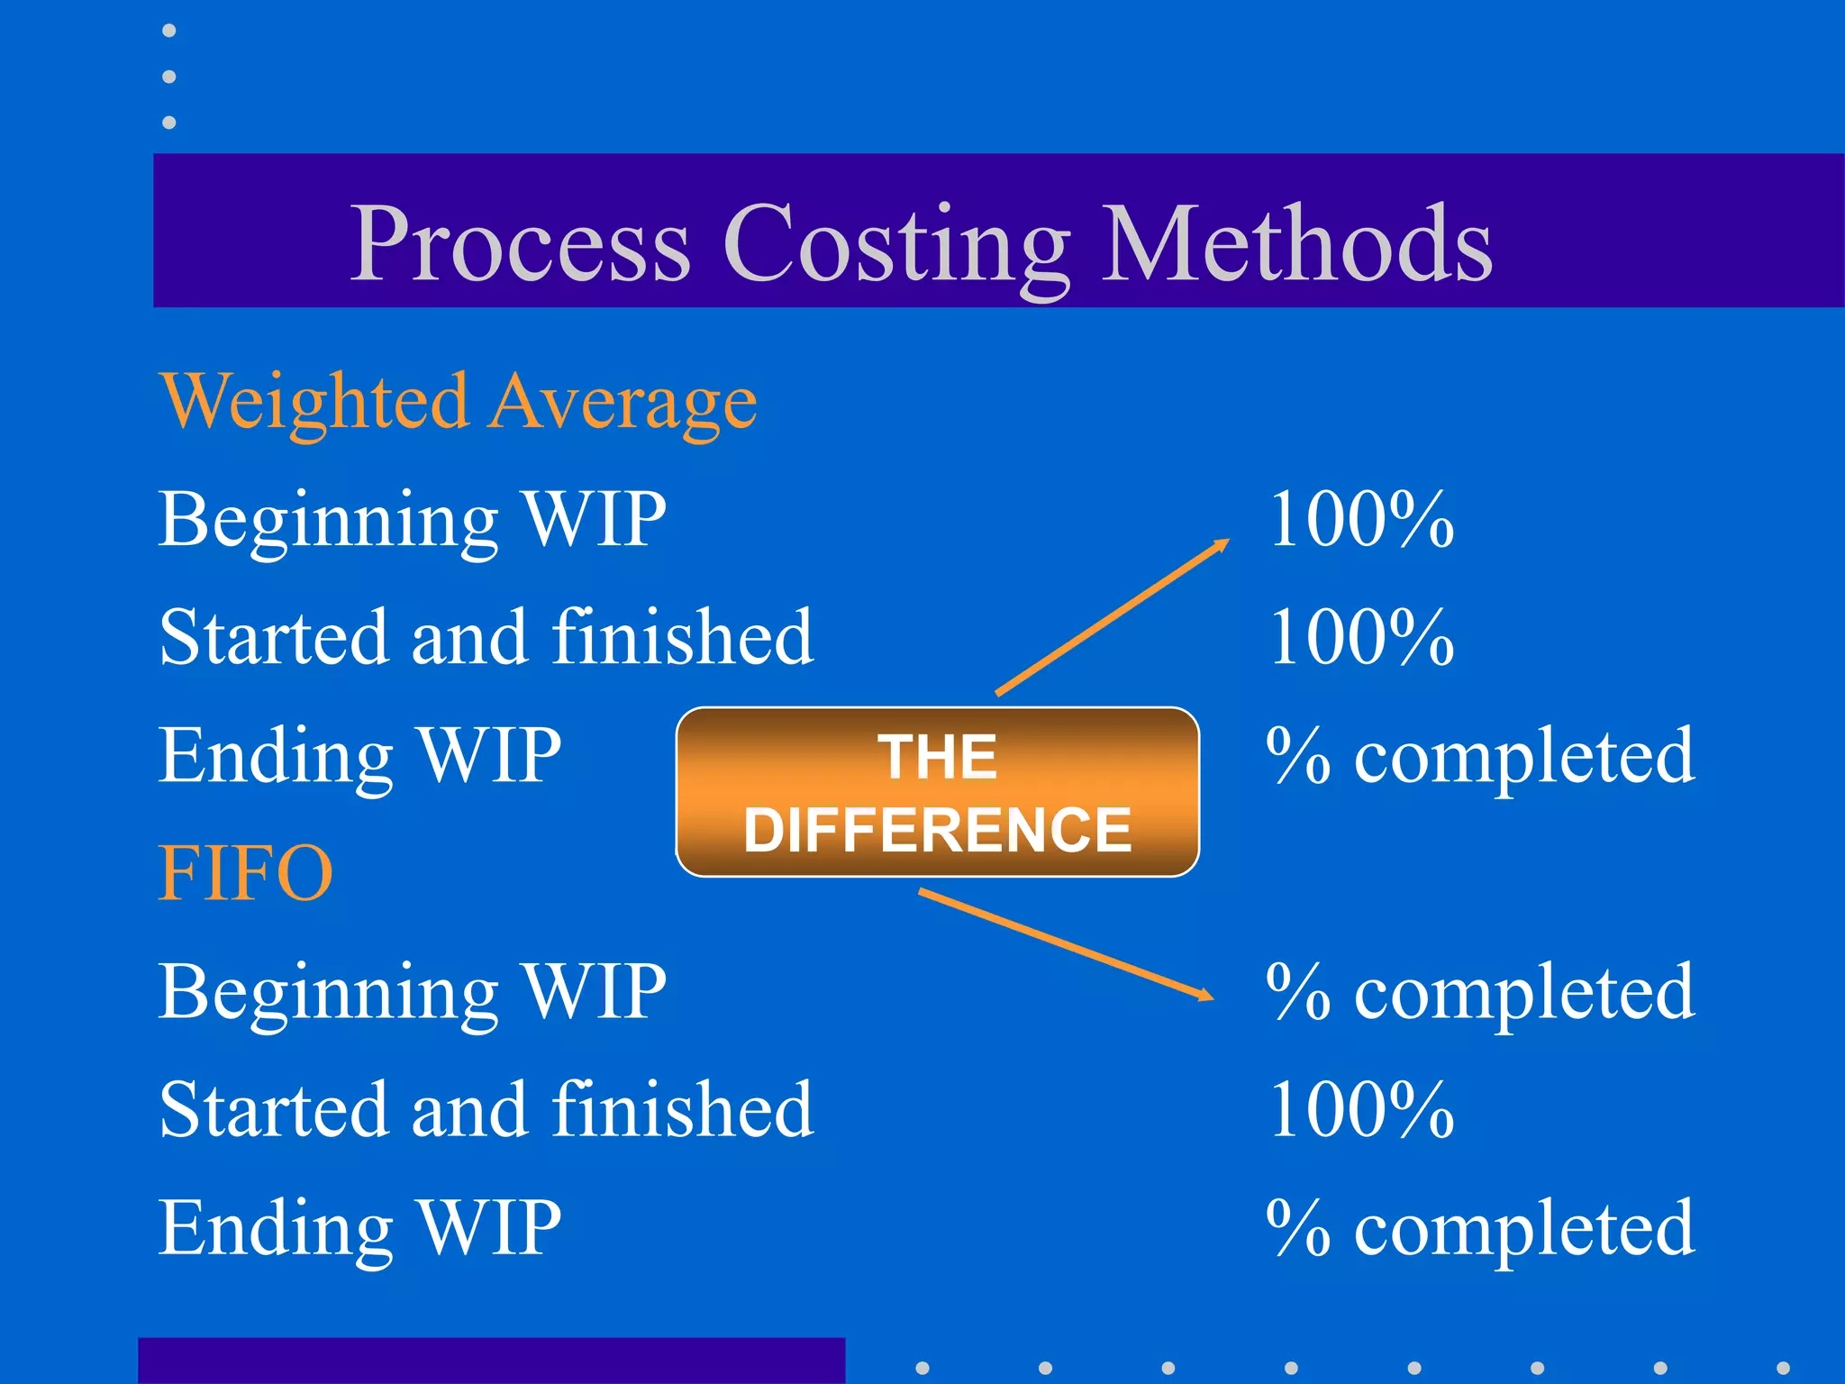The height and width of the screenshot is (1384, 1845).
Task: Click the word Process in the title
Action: click(520, 244)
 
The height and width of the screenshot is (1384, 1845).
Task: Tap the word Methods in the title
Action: click(1297, 243)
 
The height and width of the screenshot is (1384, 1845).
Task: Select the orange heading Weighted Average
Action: click(459, 402)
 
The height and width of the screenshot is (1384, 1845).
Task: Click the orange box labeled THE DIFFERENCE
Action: click(937, 792)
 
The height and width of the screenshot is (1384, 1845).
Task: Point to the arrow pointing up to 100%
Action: click(1113, 617)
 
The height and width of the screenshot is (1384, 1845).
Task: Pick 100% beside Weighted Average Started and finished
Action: click(1361, 637)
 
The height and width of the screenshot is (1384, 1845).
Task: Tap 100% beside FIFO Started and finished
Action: click(1361, 1109)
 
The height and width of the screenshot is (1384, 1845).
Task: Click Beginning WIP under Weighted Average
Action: click(413, 520)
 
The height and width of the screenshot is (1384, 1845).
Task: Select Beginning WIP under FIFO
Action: click(413, 992)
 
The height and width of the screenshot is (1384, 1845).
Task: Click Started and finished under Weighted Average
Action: click(486, 637)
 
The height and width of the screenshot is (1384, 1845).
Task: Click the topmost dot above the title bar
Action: click(169, 32)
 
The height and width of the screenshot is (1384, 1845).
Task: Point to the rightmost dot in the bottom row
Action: click(1783, 1368)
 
